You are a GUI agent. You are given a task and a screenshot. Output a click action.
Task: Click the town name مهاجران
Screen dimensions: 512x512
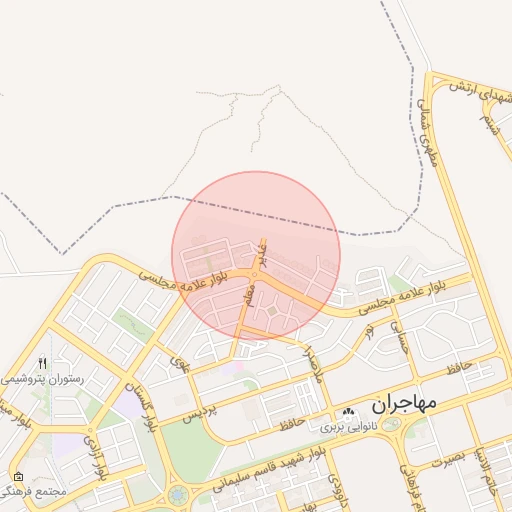pos(405,405)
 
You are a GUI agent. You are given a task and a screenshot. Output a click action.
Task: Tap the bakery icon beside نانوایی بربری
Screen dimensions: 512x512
pos(348,413)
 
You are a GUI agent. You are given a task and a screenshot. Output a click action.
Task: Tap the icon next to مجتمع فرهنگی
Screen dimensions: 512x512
pos(17,476)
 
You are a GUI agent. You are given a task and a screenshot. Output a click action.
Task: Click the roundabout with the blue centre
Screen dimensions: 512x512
pos(178,493)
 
